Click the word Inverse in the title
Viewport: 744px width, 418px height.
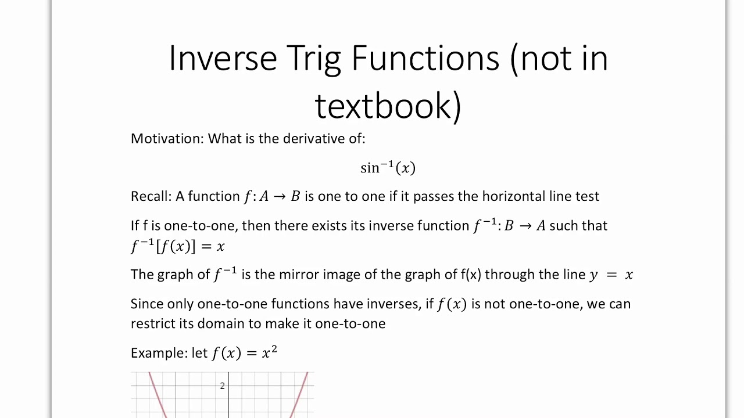[x=223, y=58]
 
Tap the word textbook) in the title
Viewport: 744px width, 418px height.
[x=388, y=105]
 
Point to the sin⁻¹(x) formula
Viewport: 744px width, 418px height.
[x=388, y=168]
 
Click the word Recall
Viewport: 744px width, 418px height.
[x=151, y=196]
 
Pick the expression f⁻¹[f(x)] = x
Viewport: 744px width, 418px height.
[x=177, y=246]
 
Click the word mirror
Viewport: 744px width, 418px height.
[x=299, y=275]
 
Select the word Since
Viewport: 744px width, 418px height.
[x=147, y=304]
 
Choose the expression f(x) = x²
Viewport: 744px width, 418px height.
[x=244, y=352]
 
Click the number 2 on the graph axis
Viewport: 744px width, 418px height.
[x=222, y=385]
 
